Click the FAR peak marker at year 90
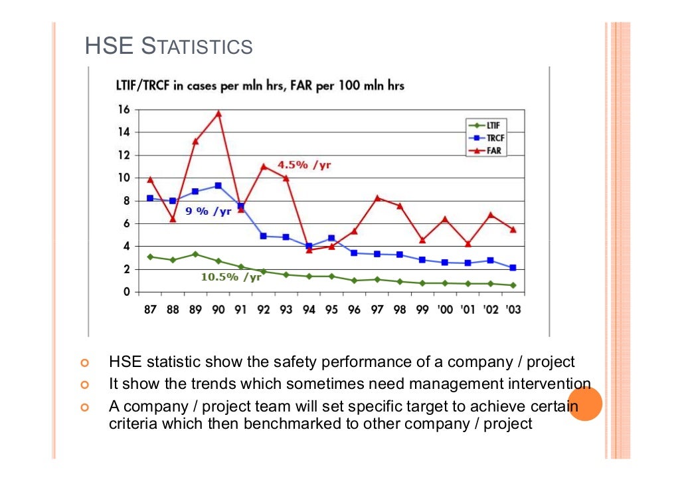pos(218,114)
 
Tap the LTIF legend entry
pos(487,124)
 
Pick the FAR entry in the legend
pos(487,150)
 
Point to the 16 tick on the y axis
pos(124,110)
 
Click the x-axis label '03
pos(512,310)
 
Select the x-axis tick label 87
pos(150,310)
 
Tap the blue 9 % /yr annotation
pos(208,211)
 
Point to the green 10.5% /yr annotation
pos(231,277)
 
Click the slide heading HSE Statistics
pos(169,47)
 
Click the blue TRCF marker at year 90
pos(218,185)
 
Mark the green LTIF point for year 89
pos(195,254)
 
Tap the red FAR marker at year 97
pos(377,197)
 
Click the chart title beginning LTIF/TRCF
pos(256,86)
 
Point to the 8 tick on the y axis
pos(126,201)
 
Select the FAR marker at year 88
pos(173,219)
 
